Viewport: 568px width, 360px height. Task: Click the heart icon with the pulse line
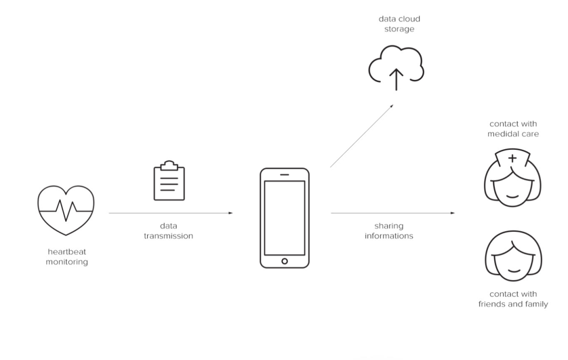pos(66,210)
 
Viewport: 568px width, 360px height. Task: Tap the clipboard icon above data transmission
pos(169,181)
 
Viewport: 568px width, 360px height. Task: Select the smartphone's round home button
pos(285,261)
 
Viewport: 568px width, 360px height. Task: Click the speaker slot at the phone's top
pos(285,174)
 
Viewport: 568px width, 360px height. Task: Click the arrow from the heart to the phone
pos(170,213)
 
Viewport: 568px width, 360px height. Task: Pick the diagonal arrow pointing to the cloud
pos(362,136)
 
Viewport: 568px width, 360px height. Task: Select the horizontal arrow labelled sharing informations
pos(392,213)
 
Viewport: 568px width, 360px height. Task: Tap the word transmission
pos(168,236)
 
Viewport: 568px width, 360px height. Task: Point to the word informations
pos(389,236)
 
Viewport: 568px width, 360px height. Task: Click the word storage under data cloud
pos(399,29)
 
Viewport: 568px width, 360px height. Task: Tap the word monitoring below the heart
pos(66,261)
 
